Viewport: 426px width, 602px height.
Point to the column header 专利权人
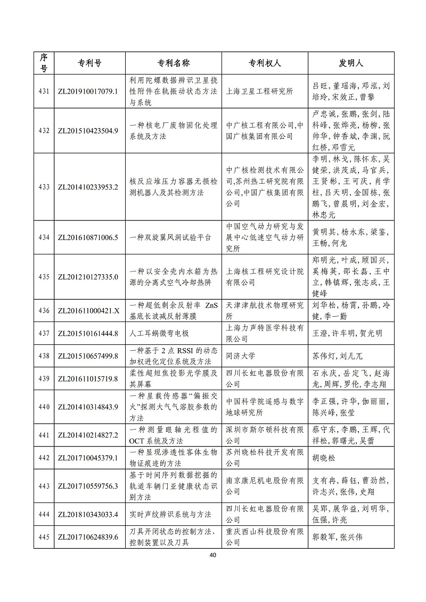[x=265, y=63]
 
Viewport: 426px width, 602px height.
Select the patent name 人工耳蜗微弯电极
[x=159, y=334]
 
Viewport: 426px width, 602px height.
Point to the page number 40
[x=213, y=555]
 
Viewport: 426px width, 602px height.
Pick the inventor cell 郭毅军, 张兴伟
[x=337, y=537]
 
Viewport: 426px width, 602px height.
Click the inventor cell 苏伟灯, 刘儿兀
[x=337, y=356]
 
